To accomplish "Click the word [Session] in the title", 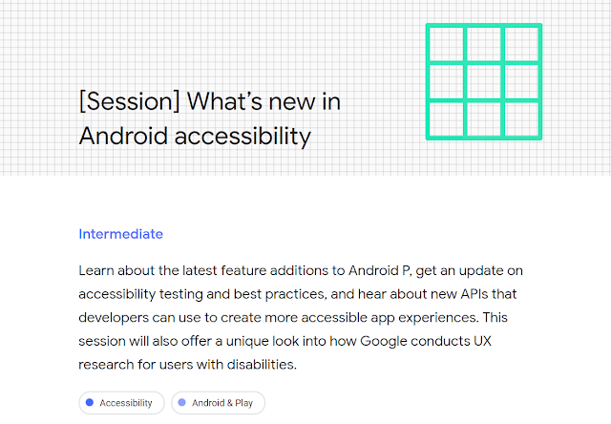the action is pyautogui.click(x=130, y=102).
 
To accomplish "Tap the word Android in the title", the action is pyautogui.click(x=123, y=136).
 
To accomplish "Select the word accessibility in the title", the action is pyautogui.click(x=242, y=137).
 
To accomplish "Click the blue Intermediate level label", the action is pyautogui.click(x=121, y=234).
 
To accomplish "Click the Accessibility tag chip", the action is pyautogui.click(x=121, y=403).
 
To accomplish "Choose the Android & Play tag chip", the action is pyautogui.click(x=219, y=403).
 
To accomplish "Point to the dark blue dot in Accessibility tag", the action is pyautogui.click(x=90, y=402).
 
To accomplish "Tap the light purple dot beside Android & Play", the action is pyautogui.click(x=182, y=402).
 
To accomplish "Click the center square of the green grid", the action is pyautogui.click(x=484, y=82).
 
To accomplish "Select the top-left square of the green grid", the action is pyautogui.click(x=446, y=44).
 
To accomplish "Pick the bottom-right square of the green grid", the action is pyautogui.click(x=522, y=119).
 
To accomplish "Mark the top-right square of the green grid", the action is pyautogui.click(x=522, y=44).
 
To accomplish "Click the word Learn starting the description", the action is pyautogui.click(x=96, y=270).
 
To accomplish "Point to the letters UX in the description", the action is pyautogui.click(x=482, y=341).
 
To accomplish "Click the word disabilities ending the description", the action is pyautogui.click(x=262, y=365).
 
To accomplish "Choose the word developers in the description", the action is pyautogui.click(x=114, y=318).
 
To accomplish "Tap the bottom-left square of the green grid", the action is pyautogui.click(x=446, y=119).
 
